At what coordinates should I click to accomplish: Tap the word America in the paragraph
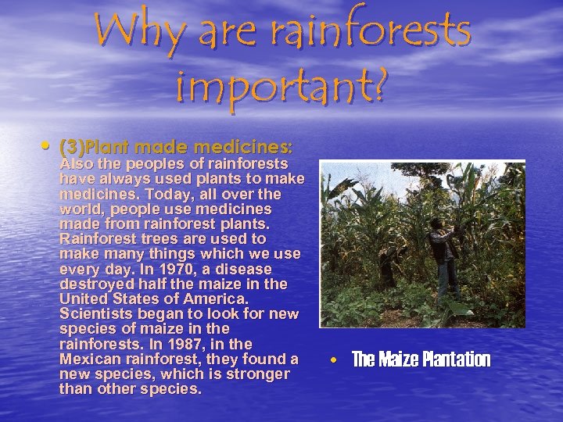212,299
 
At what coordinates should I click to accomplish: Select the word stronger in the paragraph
259,374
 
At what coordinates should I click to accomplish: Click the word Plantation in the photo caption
456,359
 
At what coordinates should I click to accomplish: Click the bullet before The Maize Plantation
333,360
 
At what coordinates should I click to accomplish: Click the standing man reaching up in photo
448,250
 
